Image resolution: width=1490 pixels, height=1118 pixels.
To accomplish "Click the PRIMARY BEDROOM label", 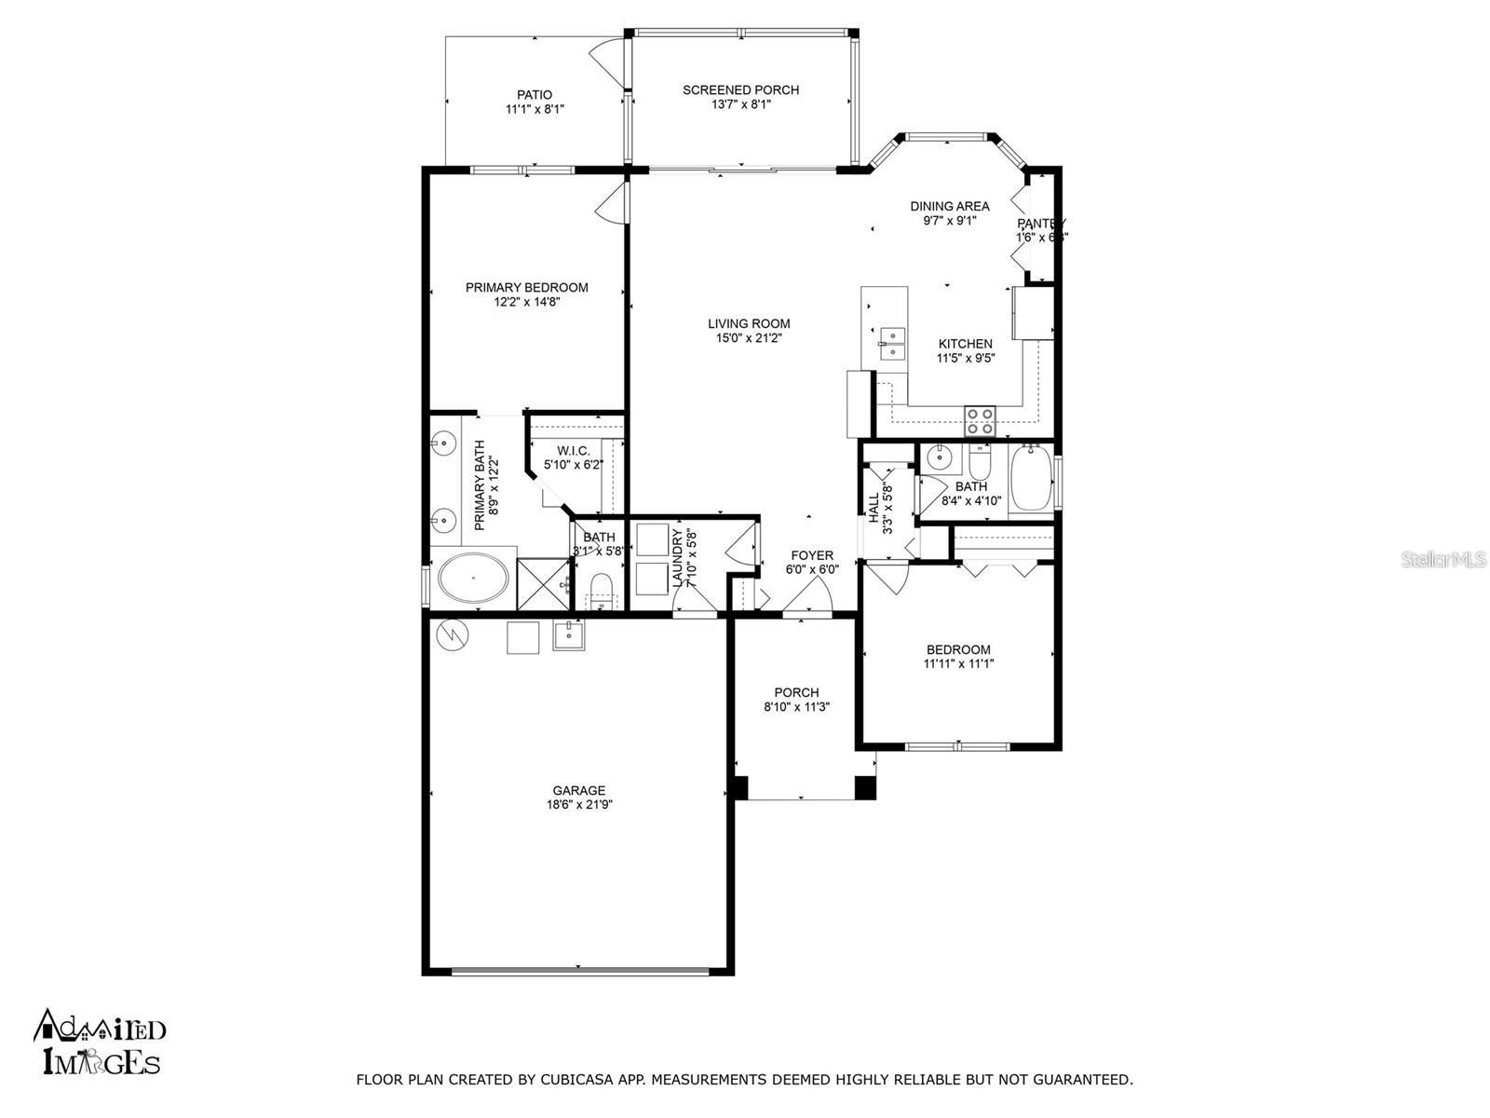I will [x=526, y=287].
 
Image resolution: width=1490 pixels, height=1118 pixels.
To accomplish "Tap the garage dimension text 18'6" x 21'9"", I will [x=578, y=805].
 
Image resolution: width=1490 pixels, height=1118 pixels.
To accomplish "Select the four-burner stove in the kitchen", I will [x=980, y=422].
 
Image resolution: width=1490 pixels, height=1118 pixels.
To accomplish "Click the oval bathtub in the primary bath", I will [x=473, y=579].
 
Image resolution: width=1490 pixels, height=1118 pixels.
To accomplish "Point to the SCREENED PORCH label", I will [x=740, y=90].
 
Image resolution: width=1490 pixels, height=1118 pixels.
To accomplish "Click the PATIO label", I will [x=535, y=94].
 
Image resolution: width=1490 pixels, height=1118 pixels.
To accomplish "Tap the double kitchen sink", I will [x=892, y=343].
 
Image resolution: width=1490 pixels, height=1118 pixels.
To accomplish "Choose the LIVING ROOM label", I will [x=749, y=323].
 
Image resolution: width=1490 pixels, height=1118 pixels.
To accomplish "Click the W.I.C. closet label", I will [x=574, y=450].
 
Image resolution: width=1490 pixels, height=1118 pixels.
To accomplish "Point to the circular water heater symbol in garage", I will [x=453, y=634].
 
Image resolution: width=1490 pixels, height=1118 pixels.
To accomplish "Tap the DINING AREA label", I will [x=950, y=206].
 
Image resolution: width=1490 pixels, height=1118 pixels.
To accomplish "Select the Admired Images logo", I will [x=100, y=1042].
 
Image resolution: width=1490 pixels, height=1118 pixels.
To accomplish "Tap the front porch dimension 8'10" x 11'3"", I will [x=796, y=707].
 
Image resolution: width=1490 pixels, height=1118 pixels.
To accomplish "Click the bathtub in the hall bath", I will [x=1031, y=478].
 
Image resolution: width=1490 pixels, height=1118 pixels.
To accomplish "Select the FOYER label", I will [x=812, y=555].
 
